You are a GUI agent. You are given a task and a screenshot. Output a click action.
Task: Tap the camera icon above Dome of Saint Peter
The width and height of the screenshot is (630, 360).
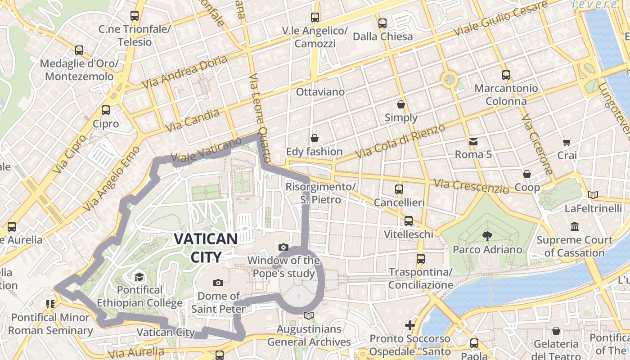coord(218,283)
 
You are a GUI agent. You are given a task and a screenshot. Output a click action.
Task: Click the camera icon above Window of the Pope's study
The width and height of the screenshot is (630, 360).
coord(283,247)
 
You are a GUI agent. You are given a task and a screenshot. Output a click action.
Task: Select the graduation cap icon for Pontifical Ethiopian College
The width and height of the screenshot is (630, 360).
coord(139,276)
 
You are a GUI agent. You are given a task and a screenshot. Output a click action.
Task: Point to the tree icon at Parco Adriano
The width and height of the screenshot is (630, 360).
coord(486,236)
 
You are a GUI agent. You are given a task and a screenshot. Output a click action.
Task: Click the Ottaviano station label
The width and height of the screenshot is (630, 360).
coord(320,92)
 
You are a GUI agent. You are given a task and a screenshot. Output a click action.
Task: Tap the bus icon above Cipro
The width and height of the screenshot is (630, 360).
coord(106,110)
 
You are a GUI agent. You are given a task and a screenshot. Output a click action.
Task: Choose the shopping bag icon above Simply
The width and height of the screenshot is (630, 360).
coord(400,104)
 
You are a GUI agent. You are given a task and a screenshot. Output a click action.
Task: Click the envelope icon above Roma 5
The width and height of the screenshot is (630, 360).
coord(473,142)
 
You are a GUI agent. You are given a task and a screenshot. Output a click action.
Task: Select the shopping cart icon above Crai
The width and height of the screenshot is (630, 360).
coord(567,142)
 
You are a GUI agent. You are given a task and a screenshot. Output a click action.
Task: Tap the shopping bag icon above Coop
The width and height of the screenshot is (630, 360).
coord(526,174)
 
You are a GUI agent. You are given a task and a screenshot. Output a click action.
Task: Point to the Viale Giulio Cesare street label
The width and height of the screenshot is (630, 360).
coord(501,19)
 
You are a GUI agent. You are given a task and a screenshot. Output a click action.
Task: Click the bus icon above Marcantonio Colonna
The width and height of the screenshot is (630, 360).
coord(506,75)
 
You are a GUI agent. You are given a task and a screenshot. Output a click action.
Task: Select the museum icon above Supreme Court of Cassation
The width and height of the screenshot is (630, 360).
coord(574,226)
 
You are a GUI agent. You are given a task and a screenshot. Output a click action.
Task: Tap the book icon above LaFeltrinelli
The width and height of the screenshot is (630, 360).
coord(593,195)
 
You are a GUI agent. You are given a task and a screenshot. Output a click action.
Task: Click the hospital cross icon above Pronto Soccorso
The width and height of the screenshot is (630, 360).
coord(409,325)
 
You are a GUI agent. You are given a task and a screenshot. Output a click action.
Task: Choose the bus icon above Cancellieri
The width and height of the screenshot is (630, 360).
coord(399,189)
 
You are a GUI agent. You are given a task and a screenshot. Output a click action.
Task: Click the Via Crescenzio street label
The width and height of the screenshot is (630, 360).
coord(472,186)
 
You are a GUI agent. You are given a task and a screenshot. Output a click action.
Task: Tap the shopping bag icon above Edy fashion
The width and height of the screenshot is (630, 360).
coord(315,138)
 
